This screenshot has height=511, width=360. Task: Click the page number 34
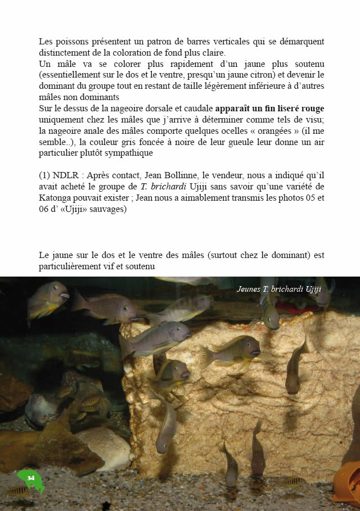point(31,478)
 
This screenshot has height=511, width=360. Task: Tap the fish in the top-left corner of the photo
point(47,299)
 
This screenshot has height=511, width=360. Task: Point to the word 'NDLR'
point(69,176)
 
